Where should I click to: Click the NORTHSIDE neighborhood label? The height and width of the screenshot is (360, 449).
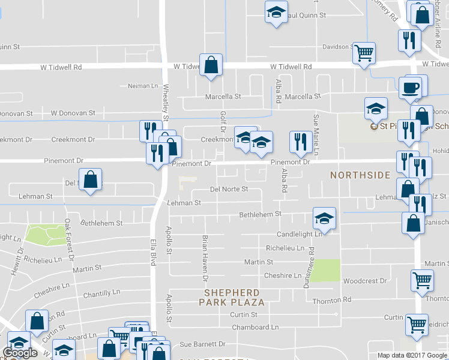[x=360, y=175]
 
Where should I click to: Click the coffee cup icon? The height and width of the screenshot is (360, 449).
[x=411, y=88]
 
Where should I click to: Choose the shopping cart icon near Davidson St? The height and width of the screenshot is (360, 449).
[x=364, y=53]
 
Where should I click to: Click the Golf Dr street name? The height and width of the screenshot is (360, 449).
[x=222, y=120]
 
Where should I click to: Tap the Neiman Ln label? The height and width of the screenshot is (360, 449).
[x=143, y=86]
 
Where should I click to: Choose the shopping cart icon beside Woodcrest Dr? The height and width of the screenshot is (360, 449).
[x=422, y=280]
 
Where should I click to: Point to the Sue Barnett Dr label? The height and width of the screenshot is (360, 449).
[x=202, y=344]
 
